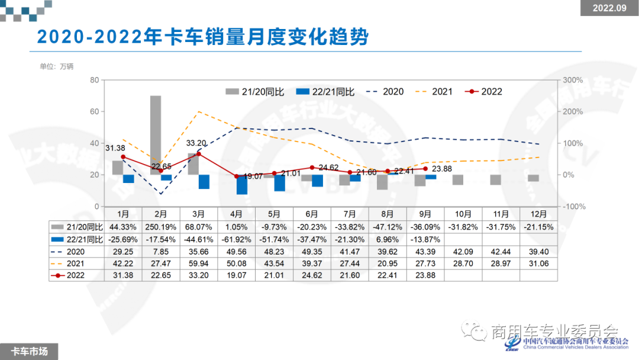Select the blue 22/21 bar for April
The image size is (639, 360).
click(x=241, y=184)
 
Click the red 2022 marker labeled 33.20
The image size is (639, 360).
click(x=199, y=154)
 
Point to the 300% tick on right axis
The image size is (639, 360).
click(x=572, y=80)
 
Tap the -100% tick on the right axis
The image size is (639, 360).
click(x=572, y=207)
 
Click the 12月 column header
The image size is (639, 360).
click(x=538, y=214)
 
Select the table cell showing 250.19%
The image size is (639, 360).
click(x=161, y=227)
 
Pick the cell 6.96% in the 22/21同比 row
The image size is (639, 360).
click(x=387, y=239)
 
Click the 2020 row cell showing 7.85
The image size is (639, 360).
click(x=161, y=251)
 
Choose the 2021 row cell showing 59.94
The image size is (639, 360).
click(x=199, y=263)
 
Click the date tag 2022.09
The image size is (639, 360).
click(x=609, y=8)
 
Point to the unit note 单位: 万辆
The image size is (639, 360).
click(x=57, y=66)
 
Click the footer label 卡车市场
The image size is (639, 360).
click(x=30, y=351)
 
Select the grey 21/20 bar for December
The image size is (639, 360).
click(x=534, y=178)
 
